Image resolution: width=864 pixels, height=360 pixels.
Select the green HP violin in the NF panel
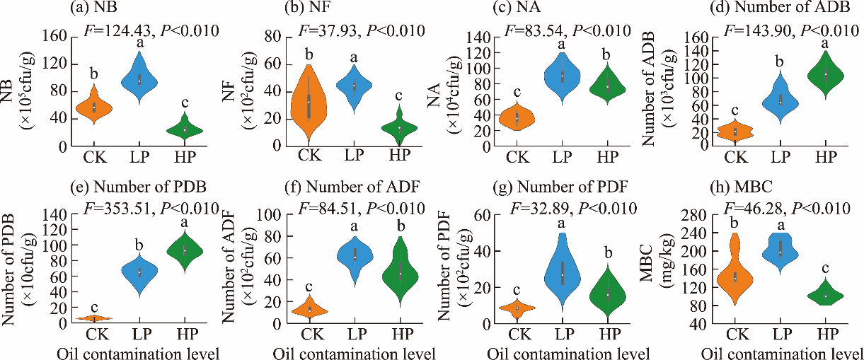(399, 128)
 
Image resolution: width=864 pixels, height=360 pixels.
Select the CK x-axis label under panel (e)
(96, 333)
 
